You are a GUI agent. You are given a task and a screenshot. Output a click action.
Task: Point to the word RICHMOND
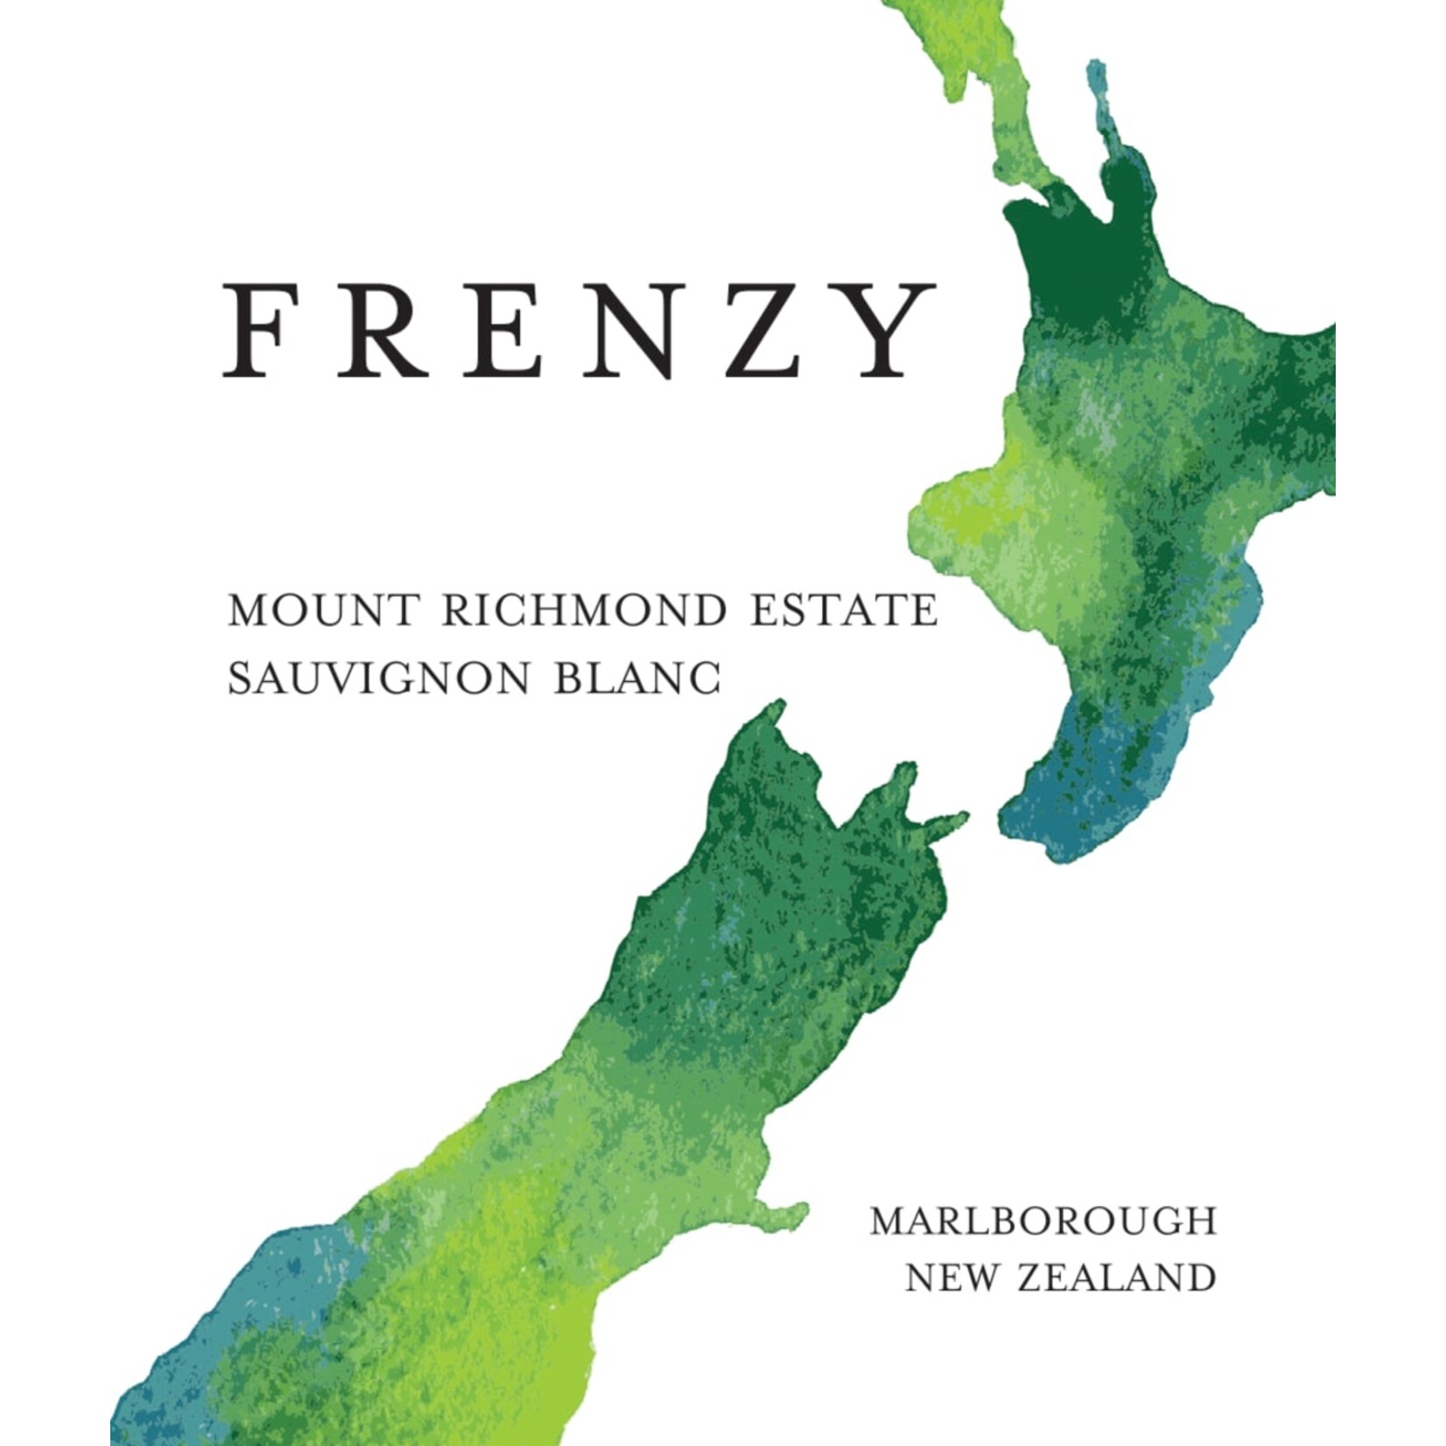point(584,611)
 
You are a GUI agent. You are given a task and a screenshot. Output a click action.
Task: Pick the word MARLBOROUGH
point(1042,1222)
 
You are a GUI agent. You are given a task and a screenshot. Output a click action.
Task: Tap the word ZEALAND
point(1118,1279)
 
